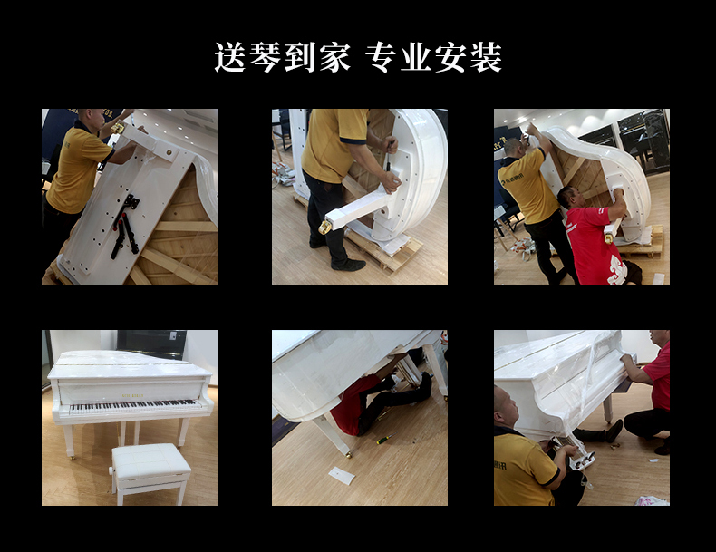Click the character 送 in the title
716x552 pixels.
230,57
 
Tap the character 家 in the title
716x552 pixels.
335,57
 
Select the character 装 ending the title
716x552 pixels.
486,57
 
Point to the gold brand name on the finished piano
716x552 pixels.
132,395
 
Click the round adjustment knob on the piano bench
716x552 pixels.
111,470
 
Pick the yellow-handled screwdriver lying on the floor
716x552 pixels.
386,439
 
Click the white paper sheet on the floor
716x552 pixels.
342,476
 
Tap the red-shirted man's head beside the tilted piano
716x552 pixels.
570,198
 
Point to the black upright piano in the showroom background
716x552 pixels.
643,137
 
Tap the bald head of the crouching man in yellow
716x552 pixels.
506,407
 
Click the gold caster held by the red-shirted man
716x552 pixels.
609,237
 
